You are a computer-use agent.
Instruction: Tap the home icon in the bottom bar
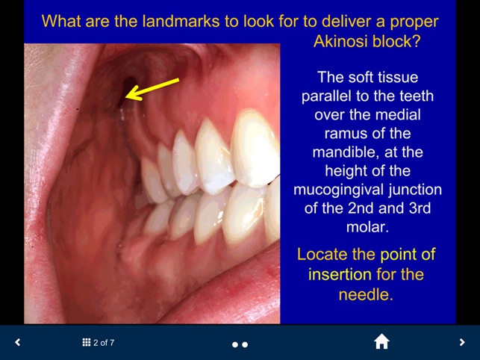(381, 342)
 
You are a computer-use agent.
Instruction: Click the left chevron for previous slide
(18, 343)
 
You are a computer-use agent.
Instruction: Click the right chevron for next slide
(462, 343)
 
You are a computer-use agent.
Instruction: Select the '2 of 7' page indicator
(104, 343)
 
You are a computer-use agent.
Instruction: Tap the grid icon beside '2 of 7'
(87, 343)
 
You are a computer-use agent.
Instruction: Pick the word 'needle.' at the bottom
(366, 294)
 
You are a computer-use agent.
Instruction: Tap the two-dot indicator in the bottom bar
(240, 344)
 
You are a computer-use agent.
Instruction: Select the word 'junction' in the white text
(414, 187)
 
